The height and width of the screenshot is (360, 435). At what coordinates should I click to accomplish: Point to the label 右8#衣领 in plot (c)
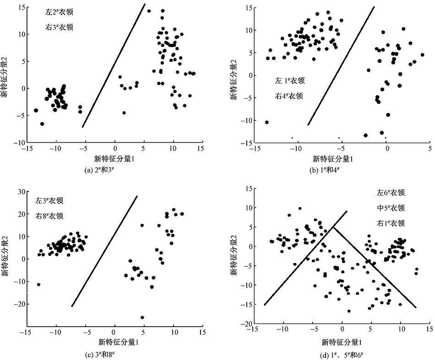tap(49, 216)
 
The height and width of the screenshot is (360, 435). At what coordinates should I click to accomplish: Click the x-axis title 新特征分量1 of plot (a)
tap(114, 159)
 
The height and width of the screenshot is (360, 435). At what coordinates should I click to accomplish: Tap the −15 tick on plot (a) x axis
tap(27, 149)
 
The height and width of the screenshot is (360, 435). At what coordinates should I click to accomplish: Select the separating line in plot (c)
tap(104, 251)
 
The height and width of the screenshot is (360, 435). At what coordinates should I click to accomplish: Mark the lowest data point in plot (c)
tap(142, 317)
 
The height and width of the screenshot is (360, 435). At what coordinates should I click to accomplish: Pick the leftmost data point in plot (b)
tap(266, 122)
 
